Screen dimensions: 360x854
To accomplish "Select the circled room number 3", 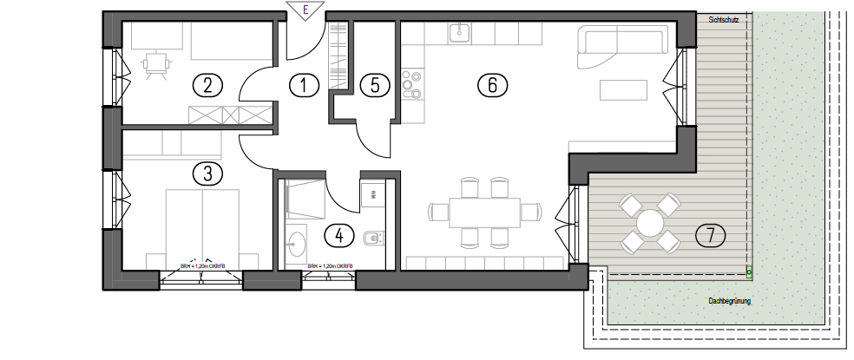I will pyautogui.click(x=207, y=173).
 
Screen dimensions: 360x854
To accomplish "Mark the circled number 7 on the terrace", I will pyautogui.click(x=711, y=233).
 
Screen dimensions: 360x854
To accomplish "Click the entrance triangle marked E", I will pyautogui.click(x=305, y=10).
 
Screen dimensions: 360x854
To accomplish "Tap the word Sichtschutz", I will pyautogui.click(x=724, y=20).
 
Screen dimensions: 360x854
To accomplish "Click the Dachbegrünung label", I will pyautogui.click(x=729, y=302).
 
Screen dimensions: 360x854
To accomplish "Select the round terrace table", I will pyautogui.click(x=649, y=224).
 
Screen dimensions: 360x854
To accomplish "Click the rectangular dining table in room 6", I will pyautogui.click(x=485, y=211).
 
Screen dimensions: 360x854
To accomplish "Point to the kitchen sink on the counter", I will pyautogui.click(x=459, y=33).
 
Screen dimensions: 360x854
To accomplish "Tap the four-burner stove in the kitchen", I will pyautogui.click(x=411, y=85).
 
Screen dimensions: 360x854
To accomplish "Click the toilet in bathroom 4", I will pyautogui.click(x=372, y=237).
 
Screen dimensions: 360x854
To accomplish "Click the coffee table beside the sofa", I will pyautogui.click(x=624, y=91).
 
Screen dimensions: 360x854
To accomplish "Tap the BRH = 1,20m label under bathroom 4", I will pyautogui.click(x=330, y=267).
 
